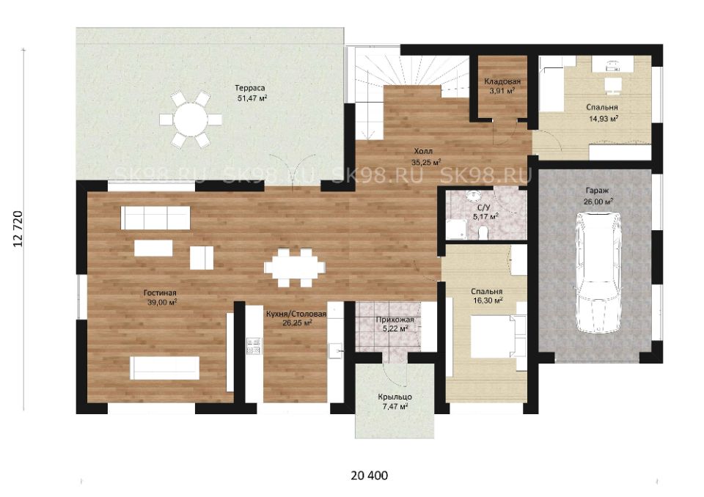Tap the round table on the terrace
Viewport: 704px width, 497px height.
pyautogui.click(x=191, y=119)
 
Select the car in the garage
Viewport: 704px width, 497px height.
pyautogui.click(x=599, y=273)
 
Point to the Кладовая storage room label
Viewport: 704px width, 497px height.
pyautogui.click(x=502, y=81)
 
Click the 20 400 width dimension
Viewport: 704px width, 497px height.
pyautogui.click(x=369, y=475)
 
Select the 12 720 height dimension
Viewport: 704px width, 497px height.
pyautogui.click(x=18, y=229)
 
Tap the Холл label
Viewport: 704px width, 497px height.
pyautogui.click(x=423, y=151)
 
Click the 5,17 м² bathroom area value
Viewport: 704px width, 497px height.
pyautogui.click(x=485, y=217)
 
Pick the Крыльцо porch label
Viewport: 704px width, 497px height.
pyautogui.click(x=395, y=397)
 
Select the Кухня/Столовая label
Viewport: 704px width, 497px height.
pyautogui.click(x=296, y=314)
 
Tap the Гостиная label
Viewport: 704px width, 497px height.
pyautogui.click(x=160, y=292)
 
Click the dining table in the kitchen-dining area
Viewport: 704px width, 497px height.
pyautogui.click(x=294, y=268)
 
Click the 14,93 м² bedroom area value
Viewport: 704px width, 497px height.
pyautogui.click(x=604, y=119)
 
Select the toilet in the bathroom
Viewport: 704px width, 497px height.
pyautogui.click(x=483, y=233)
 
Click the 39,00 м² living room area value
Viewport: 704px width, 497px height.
pyautogui.click(x=162, y=302)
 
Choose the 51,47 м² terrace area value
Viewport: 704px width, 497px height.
pyautogui.click(x=252, y=98)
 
